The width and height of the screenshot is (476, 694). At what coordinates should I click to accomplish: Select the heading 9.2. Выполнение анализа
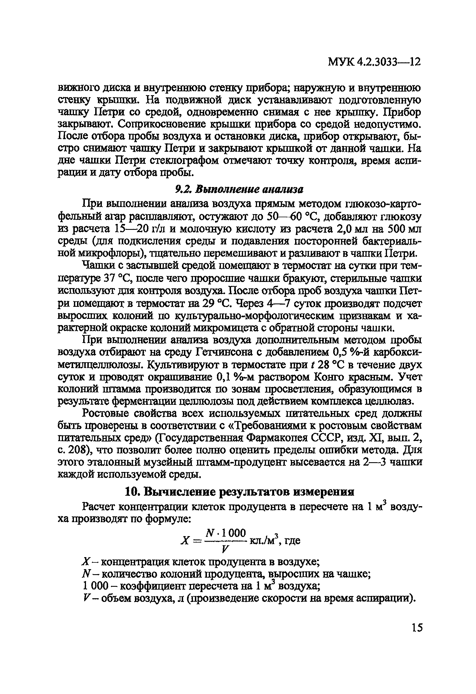tap(239, 189)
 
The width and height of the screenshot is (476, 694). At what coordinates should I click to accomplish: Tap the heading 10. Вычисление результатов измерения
tap(239, 492)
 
